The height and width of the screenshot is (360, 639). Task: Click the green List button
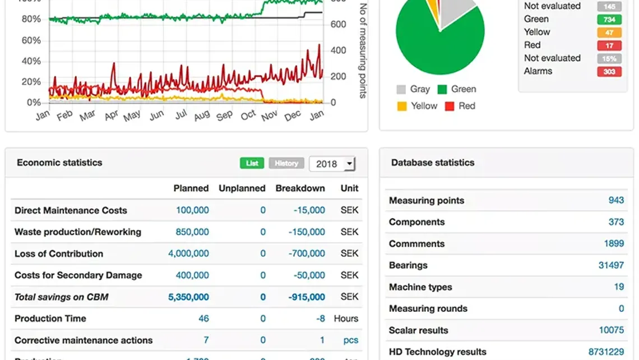click(252, 163)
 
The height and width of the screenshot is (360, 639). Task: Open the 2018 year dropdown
click(332, 164)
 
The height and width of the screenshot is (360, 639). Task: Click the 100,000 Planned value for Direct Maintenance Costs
click(192, 210)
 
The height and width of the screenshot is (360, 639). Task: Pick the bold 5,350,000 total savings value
click(188, 297)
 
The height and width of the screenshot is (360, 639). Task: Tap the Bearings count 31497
click(611, 265)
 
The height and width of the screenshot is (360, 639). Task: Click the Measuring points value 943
click(616, 200)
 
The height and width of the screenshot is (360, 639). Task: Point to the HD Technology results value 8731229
click(606, 352)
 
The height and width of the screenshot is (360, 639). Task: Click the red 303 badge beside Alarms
click(609, 71)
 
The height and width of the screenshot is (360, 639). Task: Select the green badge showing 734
click(609, 20)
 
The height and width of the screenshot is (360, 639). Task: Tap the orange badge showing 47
click(609, 33)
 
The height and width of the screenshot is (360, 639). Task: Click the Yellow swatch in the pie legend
click(401, 106)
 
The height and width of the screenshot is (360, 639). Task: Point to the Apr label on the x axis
click(112, 115)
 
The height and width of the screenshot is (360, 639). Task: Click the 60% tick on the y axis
click(31, 40)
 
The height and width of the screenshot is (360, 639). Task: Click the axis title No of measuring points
click(363, 50)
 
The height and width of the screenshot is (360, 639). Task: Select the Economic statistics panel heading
click(59, 163)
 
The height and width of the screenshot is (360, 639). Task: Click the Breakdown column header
click(300, 188)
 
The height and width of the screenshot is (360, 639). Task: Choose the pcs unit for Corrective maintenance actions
click(350, 340)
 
